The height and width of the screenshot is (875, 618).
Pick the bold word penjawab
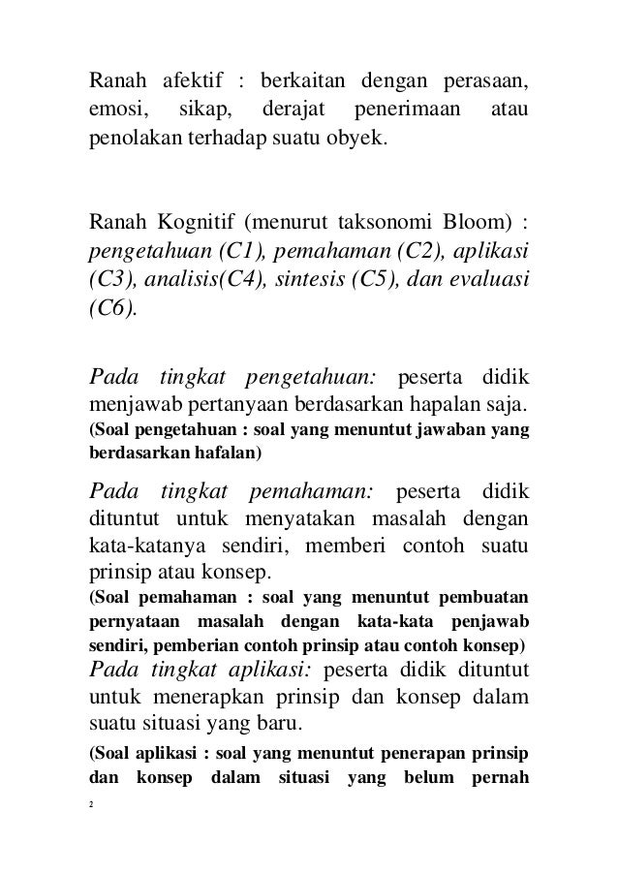point(486,618)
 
